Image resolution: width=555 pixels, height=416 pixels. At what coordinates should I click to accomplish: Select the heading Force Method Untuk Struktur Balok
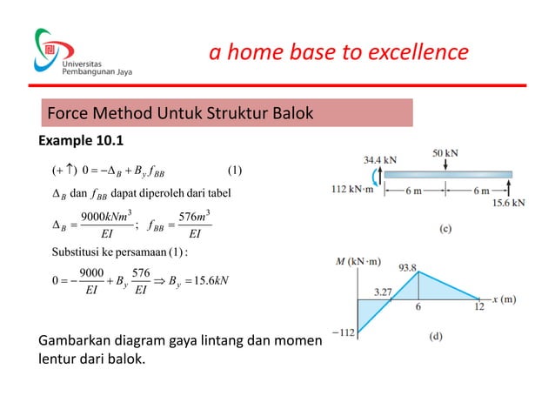(x=180, y=114)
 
